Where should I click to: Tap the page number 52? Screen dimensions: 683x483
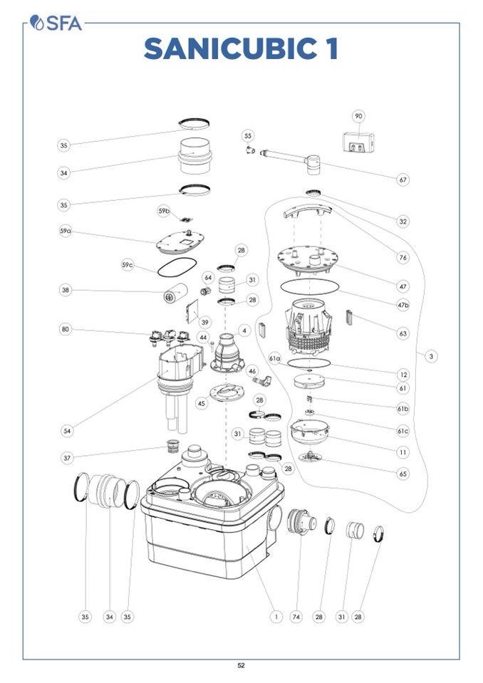tap(241, 665)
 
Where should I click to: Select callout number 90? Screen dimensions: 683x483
tap(358, 116)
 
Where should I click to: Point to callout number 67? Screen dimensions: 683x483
tap(403, 179)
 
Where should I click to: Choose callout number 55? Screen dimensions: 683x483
tap(248, 135)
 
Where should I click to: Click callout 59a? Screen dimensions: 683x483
tap(66, 231)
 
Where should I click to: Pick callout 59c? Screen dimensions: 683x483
tap(128, 265)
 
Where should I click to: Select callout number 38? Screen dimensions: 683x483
tap(66, 290)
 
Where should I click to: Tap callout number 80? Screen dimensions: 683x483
tap(66, 329)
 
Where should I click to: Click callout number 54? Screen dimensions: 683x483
tap(67, 431)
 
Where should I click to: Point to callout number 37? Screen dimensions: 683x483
tap(67, 458)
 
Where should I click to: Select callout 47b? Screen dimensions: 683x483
tap(403, 306)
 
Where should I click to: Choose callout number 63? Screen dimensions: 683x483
tap(403, 333)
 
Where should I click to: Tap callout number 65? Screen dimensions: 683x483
tap(403, 474)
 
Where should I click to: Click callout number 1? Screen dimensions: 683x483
tap(276, 617)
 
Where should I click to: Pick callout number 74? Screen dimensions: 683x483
tap(296, 617)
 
